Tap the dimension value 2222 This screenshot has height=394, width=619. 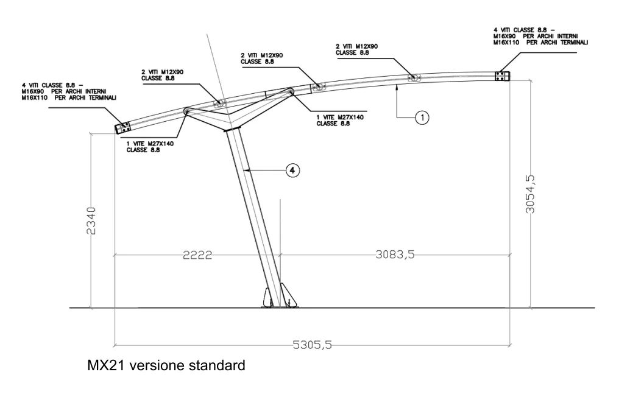[x=197, y=255]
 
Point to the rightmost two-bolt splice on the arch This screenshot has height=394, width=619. [x=414, y=77]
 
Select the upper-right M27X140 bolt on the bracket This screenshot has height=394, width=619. [x=290, y=92]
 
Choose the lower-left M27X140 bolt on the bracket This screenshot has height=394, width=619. [x=188, y=111]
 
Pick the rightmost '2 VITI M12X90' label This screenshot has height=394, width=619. [x=356, y=49]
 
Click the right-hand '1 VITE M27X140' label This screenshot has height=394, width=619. [x=339, y=119]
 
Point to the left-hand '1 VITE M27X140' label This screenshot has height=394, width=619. [x=150, y=147]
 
